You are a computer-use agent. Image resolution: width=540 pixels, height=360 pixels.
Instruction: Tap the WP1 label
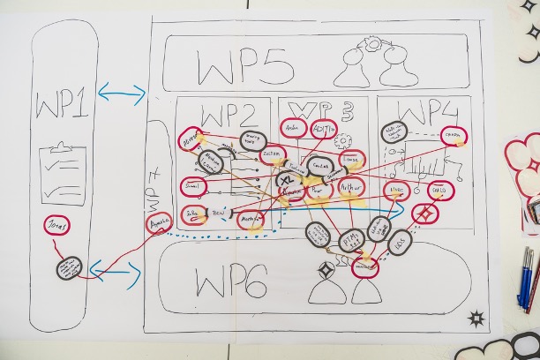click(62, 105)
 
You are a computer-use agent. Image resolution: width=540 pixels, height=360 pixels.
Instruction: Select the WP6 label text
click(231, 284)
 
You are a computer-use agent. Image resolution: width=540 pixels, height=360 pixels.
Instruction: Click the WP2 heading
click(228, 116)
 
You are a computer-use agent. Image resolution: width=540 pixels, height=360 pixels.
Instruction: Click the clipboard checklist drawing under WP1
click(63, 173)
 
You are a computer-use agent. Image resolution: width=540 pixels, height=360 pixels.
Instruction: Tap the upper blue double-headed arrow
click(122, 92)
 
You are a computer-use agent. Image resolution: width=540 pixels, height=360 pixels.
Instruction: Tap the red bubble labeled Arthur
click(352, 187)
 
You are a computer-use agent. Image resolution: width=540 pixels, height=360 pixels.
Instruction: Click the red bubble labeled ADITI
click(324, 129)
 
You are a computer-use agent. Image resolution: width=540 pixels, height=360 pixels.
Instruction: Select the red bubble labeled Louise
click(351, 161)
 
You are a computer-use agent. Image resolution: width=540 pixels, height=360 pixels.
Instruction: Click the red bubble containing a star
click(425, 214)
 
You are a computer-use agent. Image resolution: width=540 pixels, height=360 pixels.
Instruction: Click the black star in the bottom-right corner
click(476, 319)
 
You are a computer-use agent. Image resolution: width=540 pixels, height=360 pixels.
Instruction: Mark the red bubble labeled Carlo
click(439, 191)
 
